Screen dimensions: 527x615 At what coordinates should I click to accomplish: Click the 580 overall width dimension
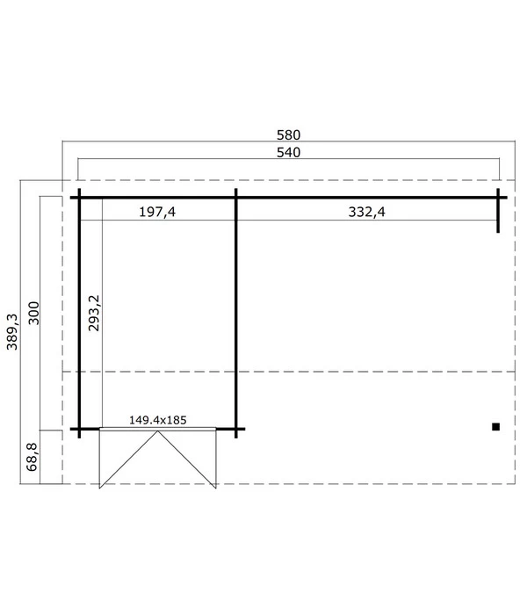(288, 135)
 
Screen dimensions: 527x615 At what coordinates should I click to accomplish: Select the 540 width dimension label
(288, 153)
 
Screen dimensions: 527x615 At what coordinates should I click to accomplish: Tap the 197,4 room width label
(157, 213)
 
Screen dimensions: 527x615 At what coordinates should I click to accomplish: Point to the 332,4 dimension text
(366, 213)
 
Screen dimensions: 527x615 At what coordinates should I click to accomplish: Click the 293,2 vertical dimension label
(94, 313)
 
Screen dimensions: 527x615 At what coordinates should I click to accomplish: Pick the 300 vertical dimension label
(34, 313)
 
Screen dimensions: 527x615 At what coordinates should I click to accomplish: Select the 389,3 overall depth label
(12, 331)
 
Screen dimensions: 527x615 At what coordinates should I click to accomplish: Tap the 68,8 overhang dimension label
(32, 457)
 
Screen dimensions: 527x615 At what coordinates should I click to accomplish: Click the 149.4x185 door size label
(157, 420)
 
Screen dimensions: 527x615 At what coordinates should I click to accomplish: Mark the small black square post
(495, 427)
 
